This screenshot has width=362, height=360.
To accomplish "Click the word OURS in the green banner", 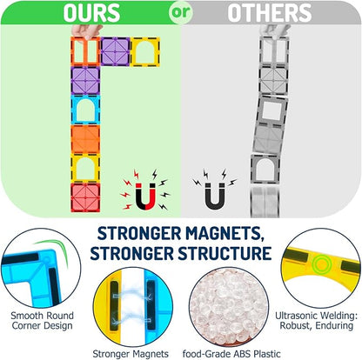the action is pos(91,13).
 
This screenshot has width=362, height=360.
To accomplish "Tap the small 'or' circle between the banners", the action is pos(181,12).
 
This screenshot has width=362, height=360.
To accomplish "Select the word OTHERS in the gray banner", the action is pos(270,13).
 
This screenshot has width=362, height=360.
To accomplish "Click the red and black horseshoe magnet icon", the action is pos(146,196).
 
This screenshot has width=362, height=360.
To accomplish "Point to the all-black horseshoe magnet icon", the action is pos(215,196).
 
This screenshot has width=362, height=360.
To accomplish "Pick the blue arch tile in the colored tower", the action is pos(85,110).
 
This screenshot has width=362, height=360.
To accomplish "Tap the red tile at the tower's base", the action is pos(85,197).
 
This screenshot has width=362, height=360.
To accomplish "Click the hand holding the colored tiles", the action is pos(86,31).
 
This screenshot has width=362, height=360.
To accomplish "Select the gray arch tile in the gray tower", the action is pos(265,170).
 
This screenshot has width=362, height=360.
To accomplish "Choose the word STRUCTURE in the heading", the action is pos(225,253).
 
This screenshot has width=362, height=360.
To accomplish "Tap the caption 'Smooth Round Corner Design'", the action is pos(42,320).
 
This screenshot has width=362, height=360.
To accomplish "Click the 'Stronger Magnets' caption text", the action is pos(131,354).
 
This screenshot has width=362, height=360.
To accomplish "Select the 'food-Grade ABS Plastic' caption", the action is pos(231,354).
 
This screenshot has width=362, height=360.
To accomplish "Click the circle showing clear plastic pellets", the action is pos(229,307).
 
